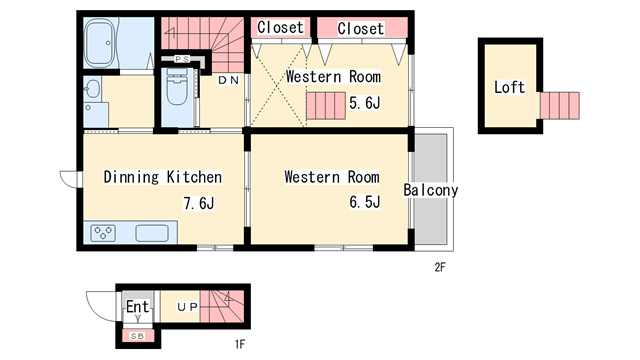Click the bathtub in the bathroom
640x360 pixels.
pos(100,43)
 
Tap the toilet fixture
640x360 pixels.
pos(177,87)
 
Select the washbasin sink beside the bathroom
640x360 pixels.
pos(93,88)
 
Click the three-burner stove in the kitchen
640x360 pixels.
pos(103,233)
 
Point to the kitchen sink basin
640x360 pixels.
pos(152,233)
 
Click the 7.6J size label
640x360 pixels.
pos(199,203)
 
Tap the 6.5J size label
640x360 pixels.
pos(364,202)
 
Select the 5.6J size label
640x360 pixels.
pos(364,103)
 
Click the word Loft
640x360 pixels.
pos(509,87)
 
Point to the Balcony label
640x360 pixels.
pos(431,190)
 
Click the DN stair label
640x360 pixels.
pos(229,80)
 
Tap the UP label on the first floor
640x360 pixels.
pos(188,307)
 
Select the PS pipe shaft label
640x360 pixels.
pos(182,59)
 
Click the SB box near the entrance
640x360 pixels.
pos(138,336)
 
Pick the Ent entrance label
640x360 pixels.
pos(138,307)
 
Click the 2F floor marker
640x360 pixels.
pos(440,267)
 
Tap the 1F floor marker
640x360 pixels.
pos(240,344)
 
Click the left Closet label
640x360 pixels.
pos(280,27)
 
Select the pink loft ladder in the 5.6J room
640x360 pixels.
pos(326,106)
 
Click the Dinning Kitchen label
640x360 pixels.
pos(162,177)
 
